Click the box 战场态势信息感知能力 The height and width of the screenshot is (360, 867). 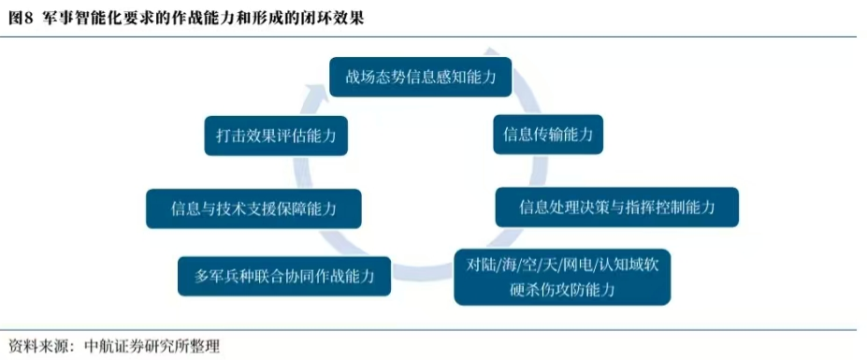(x=420, y=76)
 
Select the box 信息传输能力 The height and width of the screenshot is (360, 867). (x=547, y=134)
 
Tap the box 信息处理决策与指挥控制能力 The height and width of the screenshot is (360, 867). (x=616, y=207)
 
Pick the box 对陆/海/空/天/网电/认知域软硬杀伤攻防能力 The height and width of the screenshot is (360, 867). (x=562, y=277)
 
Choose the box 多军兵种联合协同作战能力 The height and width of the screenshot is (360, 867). (x=284, y=276)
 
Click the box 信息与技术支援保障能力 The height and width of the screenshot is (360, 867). (x=253, y=209)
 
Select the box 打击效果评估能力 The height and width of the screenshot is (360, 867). (x=276, y=136)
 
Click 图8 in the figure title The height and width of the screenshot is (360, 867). (x=20, y=19)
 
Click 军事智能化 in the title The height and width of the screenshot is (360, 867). (x=69, y=19)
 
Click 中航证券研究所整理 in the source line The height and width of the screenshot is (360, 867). (x=152, y=347)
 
